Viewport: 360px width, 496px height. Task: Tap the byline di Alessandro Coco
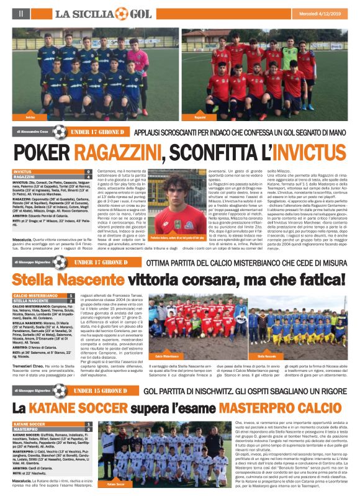click(32, 132)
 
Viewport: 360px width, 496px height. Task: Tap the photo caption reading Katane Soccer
click(115, 482)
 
